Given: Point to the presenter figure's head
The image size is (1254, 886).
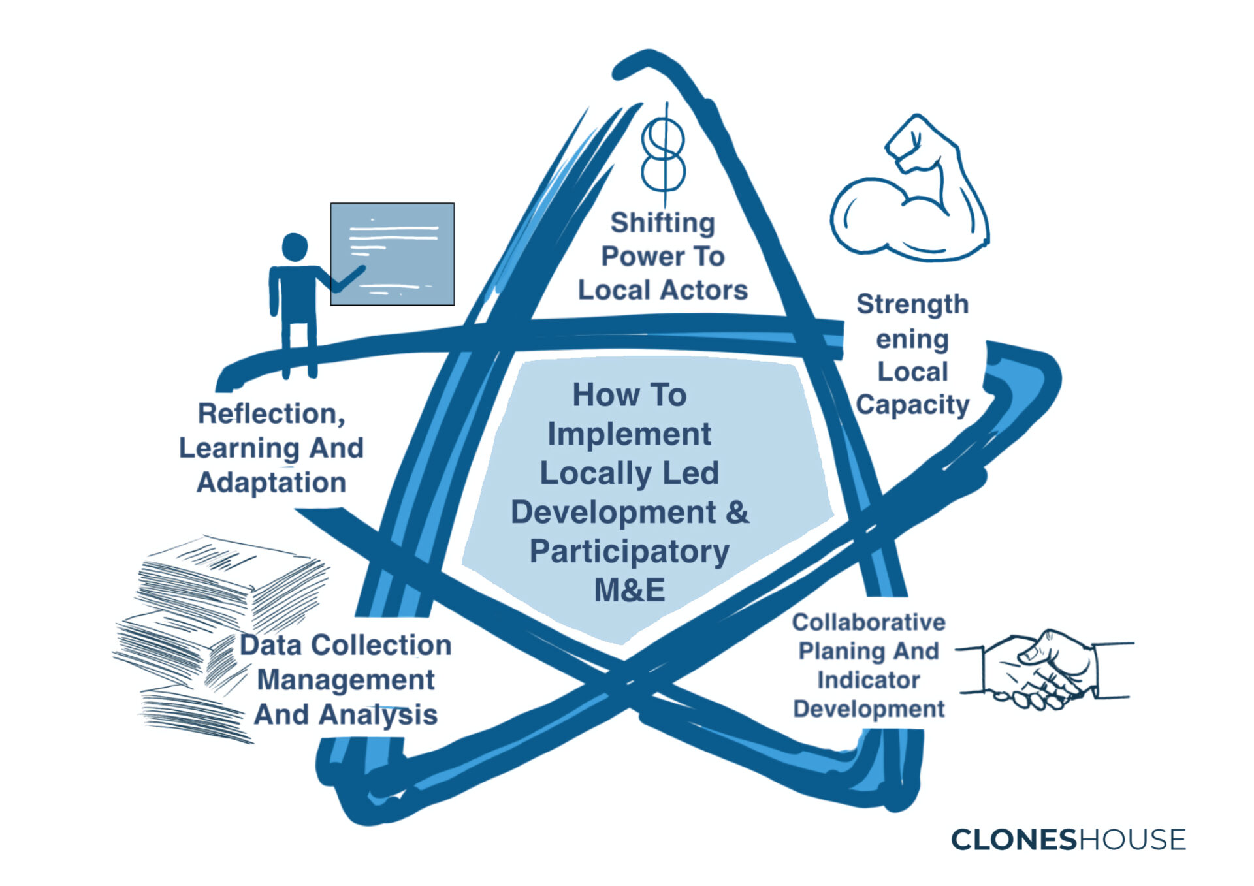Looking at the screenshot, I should click(x=295, y=247).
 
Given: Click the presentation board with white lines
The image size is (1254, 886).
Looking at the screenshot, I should click(x=392, y=254).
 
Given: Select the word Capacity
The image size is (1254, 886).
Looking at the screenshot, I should click(x=912, y=405).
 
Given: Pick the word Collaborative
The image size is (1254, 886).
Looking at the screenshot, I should click(x=868, y=622).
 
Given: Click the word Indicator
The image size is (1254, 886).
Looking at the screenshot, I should click(x=868, y=680).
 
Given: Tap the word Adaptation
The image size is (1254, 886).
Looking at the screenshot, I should click(x=271, y=483).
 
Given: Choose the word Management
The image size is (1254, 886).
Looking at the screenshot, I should click(x=346, y=680).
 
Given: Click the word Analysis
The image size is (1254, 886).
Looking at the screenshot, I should click(x=378, y=715).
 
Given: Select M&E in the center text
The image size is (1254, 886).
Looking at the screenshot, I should click(x=629, y=590).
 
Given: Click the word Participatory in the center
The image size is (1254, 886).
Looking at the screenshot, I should click(x=629, y=552).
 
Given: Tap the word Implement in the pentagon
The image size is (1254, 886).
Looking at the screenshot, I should click(x=629, y=434).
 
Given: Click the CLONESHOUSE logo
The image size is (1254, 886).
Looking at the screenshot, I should click(x=1068, y=840).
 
